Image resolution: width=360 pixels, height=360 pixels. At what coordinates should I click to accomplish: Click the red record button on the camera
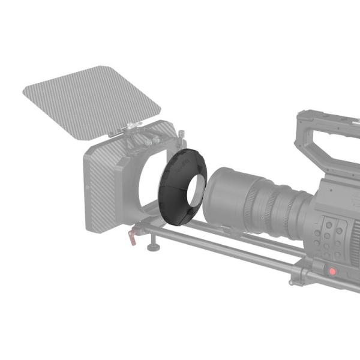pos(332,272)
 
